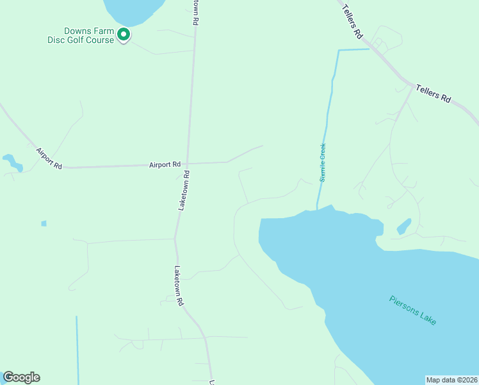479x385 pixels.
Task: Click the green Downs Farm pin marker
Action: pyautogui.click(x=124, y=35)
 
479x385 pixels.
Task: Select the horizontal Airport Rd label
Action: pyautogui.click(x=165, y=164)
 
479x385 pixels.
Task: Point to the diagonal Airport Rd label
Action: pyautogui.click(x=49, y=158)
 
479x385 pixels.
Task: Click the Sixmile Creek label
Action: pyautogui.click(x=323, y=162)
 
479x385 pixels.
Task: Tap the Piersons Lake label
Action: pyautogui.click(x=413, y=310)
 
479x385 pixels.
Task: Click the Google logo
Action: pyautogui.click(x=21, y=377)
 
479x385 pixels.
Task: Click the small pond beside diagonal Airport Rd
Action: pyautogui.click(x=13, y=162)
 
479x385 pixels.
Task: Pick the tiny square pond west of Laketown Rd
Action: pyautogui.click(x=44, y=223)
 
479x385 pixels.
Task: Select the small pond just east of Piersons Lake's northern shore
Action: pyautogui.click(x=404, y=226)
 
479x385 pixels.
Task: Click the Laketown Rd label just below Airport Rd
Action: pyautogui.click(x=184, y=191)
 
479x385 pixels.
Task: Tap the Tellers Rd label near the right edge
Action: pyautogui.click(x=434, y=94)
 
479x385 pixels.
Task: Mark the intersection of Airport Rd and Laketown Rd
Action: pyautogui.click(x=188, y=163)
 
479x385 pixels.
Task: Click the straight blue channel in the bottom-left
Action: pyautogui.click(x=77, y=350)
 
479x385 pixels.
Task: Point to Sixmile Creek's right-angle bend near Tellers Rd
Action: pyautogui.click(x=338, y=51)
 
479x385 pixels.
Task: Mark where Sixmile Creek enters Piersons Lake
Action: pyautogui.click(x=318, y=209)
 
